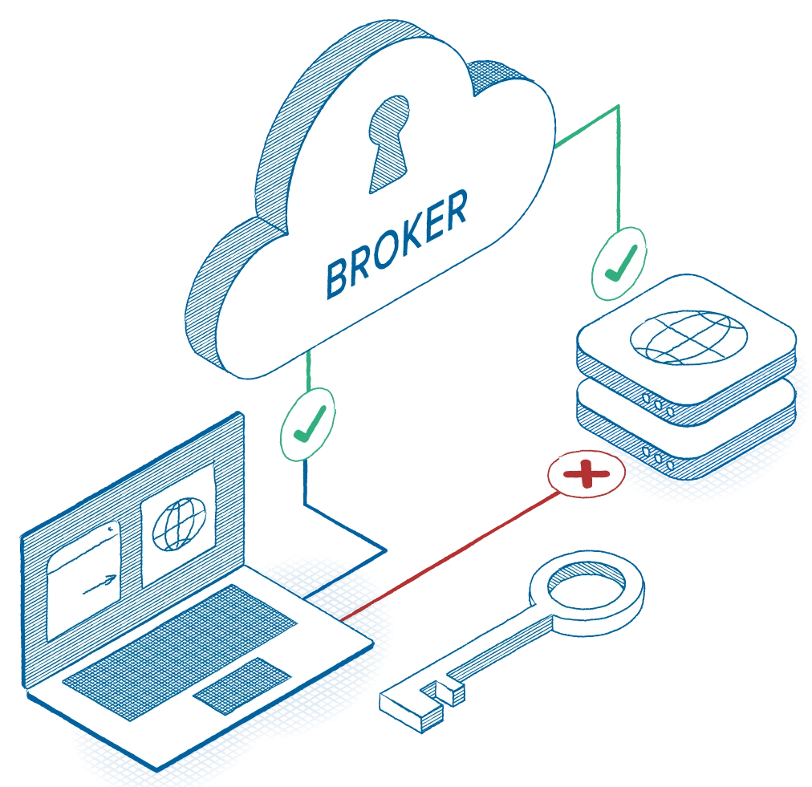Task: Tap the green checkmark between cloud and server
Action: pos(619,263)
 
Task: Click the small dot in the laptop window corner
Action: pos(109,530)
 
